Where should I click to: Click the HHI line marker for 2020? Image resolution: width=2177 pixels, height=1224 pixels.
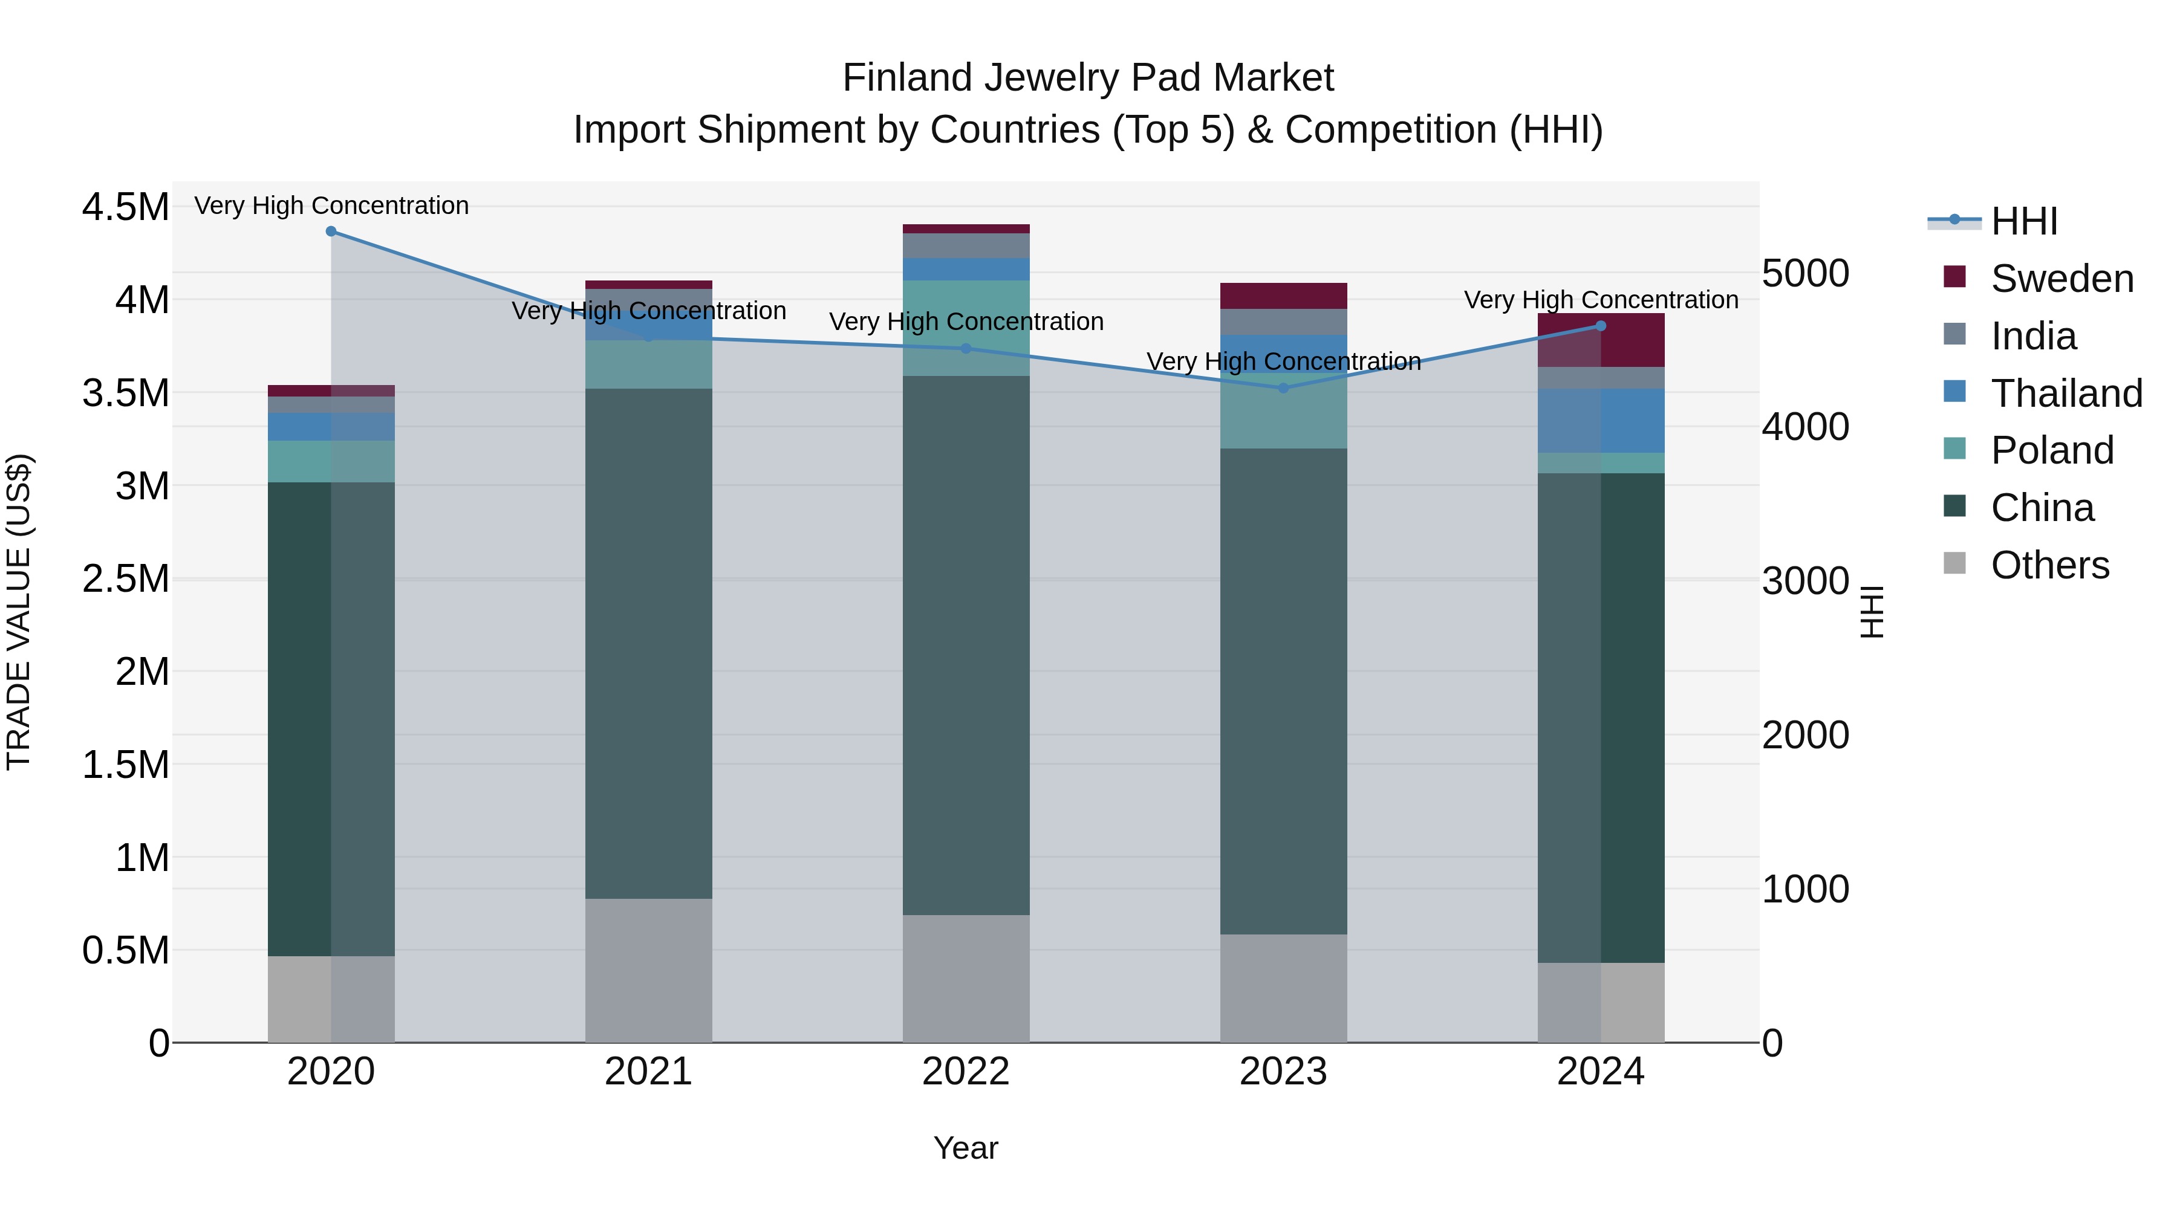[331, 232]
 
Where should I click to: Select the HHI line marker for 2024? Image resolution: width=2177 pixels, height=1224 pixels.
[1601, 326]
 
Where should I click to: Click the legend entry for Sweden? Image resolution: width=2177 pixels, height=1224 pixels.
[2061, 279]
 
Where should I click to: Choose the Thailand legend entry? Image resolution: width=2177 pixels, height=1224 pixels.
[2066, 393]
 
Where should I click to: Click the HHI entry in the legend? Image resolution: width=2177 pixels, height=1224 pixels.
[2023, 221]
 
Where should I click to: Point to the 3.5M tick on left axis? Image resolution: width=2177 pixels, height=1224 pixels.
[125, 393]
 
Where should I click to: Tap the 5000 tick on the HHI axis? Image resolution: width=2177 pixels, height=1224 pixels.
[1805, 274]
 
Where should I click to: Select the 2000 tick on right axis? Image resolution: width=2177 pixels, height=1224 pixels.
[1805, 735]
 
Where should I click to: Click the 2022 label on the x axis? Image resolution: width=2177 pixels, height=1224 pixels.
[966, 1072]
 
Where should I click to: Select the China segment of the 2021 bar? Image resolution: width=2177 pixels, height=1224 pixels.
[648, 642]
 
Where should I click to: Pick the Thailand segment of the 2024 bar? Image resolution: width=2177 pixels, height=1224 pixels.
[1601, 421]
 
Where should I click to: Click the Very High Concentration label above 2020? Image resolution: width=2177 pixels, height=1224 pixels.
[331, 206]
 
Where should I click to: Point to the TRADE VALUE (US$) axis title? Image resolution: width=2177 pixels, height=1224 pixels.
[19, 612]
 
